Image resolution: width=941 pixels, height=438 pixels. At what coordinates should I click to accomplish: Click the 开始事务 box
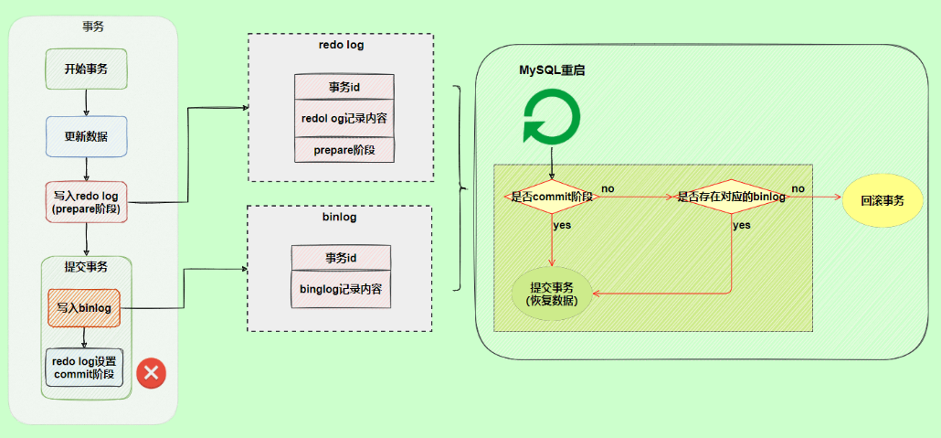click(x=86, y=69)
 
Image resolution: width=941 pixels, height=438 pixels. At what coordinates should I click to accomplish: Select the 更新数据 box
click(x=86, y=136)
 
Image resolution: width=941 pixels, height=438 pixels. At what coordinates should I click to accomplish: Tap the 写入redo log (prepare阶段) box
click(x=86, y=202)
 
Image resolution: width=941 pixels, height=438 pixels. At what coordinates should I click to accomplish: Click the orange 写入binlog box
click(x=84, y=308)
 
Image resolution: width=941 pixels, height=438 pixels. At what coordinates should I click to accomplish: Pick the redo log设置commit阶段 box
click(x=84, y=367)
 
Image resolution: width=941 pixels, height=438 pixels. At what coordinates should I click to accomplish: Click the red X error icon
click(x=151, y=372)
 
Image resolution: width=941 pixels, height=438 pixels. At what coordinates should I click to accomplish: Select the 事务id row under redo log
click(x=344, y=87)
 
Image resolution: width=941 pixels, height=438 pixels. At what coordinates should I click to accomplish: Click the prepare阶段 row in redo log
click(x=344, y=149)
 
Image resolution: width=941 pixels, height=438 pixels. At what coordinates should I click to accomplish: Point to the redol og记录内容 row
click(x=344, y=118)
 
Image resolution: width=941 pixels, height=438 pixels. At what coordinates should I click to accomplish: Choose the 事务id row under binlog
click(x=341, y=258)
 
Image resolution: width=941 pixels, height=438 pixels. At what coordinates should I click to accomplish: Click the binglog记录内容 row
click(x=341, y=289)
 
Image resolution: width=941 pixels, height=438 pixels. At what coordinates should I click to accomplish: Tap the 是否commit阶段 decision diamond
click(x=552, y=197)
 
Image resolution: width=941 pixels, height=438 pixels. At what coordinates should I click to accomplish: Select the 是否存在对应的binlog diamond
click(x=731, y=197)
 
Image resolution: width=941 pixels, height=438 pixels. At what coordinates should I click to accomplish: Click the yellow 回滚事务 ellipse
click(x=882, y=198)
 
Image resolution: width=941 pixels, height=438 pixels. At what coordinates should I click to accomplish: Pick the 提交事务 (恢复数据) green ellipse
click(x=551, y=293)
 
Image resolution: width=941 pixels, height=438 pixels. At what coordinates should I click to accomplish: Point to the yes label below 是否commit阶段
click(x=562, y=225)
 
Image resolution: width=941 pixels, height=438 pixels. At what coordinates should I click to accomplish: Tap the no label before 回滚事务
click(x=798, y=188)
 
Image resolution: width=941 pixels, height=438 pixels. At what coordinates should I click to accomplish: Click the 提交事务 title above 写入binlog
click(x=86, y=267)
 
